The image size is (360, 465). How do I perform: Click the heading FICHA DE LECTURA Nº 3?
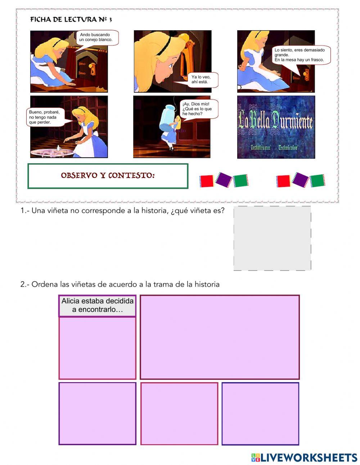point(71,20)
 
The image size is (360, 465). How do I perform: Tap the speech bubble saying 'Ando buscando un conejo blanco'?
point(96,37)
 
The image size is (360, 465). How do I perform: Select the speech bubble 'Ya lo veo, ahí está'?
point(200,80)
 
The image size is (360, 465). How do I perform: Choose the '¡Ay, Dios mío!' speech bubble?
point(198,109)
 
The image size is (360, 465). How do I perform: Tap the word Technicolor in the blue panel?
point(288,148)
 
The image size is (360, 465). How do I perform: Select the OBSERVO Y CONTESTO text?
point(108,176)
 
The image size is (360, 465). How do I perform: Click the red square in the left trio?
point(207,181)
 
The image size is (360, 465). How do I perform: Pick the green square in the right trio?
point(318,181)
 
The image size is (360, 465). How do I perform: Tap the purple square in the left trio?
point(224,179)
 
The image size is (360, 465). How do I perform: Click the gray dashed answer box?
point(272,238)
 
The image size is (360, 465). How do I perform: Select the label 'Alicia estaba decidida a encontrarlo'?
point(97,305)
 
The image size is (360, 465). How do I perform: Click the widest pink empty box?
point(220,337)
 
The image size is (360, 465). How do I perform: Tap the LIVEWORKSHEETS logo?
point(304,457)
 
